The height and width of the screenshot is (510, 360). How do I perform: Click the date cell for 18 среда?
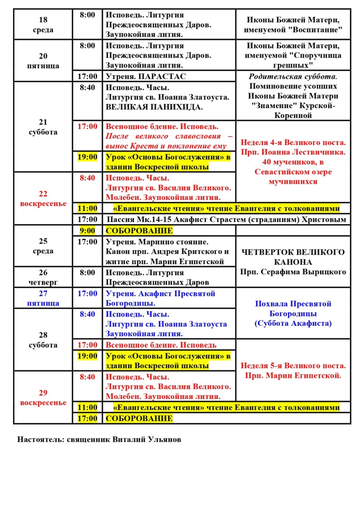[x=43, y=25]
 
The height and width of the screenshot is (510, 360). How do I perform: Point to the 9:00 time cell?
[x=87, y=230]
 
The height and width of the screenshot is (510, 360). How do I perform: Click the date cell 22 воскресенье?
[x=43, y=198]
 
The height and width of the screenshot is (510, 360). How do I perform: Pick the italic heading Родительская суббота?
[x=293, y=76]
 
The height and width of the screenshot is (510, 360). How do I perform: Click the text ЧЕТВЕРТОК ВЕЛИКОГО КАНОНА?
[x=293, y=257]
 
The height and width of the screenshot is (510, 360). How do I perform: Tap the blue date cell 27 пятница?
[x=43, y=298]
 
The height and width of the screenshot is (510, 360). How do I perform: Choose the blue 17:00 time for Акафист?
[x=87, y=293]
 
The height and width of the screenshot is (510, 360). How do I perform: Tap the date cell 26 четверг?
[x=43, y=277]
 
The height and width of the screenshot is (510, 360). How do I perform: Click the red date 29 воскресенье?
[x=43, y=397]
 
